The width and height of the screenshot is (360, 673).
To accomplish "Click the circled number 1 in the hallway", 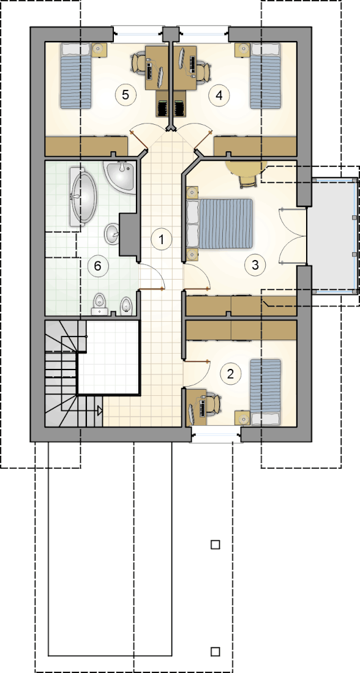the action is (162, 239).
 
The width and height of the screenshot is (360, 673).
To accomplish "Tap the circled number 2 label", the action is (230, 374).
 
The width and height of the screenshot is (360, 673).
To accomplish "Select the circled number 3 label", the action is (255, 264).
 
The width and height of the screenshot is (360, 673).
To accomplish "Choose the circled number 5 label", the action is (125, 94).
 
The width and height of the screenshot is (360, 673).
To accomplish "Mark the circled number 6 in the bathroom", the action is (97, 266).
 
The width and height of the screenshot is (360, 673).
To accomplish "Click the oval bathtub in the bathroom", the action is (83, 197).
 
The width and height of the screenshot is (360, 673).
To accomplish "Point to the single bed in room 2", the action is (266, 392).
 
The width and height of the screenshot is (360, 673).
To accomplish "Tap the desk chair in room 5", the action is (139, 62).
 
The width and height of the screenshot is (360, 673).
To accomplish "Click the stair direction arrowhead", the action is (100, 411).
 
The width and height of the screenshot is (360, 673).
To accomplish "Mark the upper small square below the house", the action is (216, 545).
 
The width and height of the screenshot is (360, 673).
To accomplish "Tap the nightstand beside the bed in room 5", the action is (99, 50).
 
